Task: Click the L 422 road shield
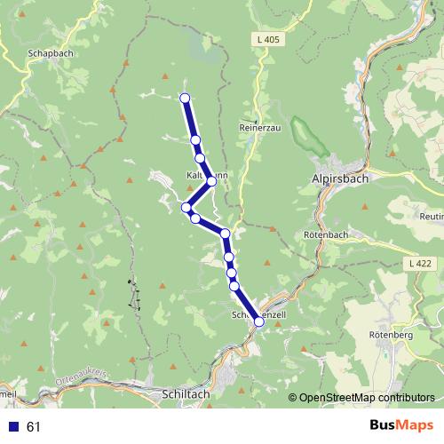(424, 265)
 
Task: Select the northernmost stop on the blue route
(185, 98)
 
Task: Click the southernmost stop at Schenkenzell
(259, 321)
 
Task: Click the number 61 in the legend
(34, 427)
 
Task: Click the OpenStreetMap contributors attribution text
(366, 398)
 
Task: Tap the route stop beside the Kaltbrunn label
(211, 180)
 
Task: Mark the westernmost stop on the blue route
(186, 208)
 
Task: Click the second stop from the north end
(195, 140)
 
